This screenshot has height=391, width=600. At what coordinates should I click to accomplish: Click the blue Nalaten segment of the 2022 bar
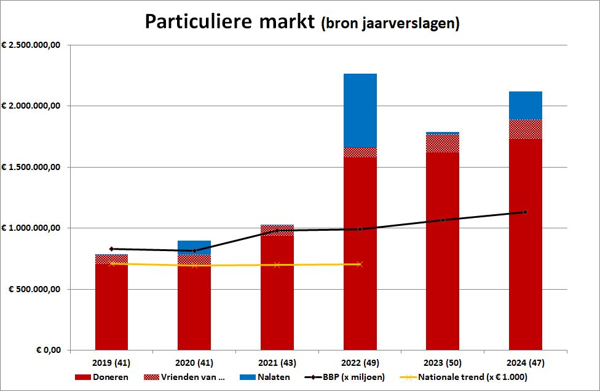click(360, 110)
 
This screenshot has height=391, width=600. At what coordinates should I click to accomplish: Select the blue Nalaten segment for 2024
click(525, 105)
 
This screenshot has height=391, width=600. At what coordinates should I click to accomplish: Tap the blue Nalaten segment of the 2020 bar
click(194, 247)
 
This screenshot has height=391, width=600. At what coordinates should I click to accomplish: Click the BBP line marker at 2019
click(111, 249)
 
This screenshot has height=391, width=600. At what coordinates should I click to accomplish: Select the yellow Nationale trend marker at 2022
click(360, 264)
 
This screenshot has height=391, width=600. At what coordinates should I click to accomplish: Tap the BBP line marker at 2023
click(442, 220)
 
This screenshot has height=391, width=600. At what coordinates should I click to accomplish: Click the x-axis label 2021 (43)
click(277, 362)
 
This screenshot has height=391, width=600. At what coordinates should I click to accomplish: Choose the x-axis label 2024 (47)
click(525, 362)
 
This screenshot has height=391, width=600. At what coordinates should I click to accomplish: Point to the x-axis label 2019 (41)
click(111, 362)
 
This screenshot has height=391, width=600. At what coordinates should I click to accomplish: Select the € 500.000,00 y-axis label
click(35, 289)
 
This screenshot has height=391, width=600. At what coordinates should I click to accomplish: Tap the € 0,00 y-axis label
click(46, 350)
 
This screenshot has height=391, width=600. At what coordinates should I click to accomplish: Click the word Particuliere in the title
click(198, 22)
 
